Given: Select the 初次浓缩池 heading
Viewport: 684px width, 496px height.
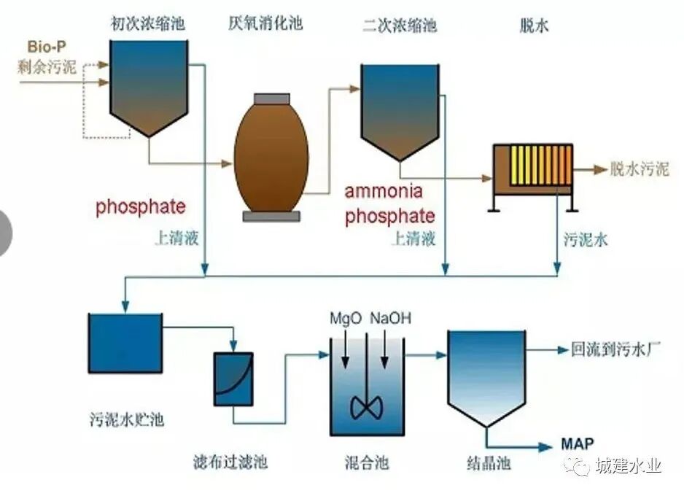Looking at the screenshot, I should tap(147, 25).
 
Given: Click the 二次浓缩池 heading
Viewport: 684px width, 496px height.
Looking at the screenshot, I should tap(399, 26).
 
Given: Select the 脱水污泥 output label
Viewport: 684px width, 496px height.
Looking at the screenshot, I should tap(640, 170).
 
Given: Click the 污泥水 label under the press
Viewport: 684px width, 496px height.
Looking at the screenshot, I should tap(585, 239).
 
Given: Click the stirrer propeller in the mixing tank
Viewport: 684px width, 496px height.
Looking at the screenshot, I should tap(365, 406).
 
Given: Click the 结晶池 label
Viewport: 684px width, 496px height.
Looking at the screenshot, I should tap(486, 462).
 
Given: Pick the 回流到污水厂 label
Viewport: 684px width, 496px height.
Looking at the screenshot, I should tap(615, 349).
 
